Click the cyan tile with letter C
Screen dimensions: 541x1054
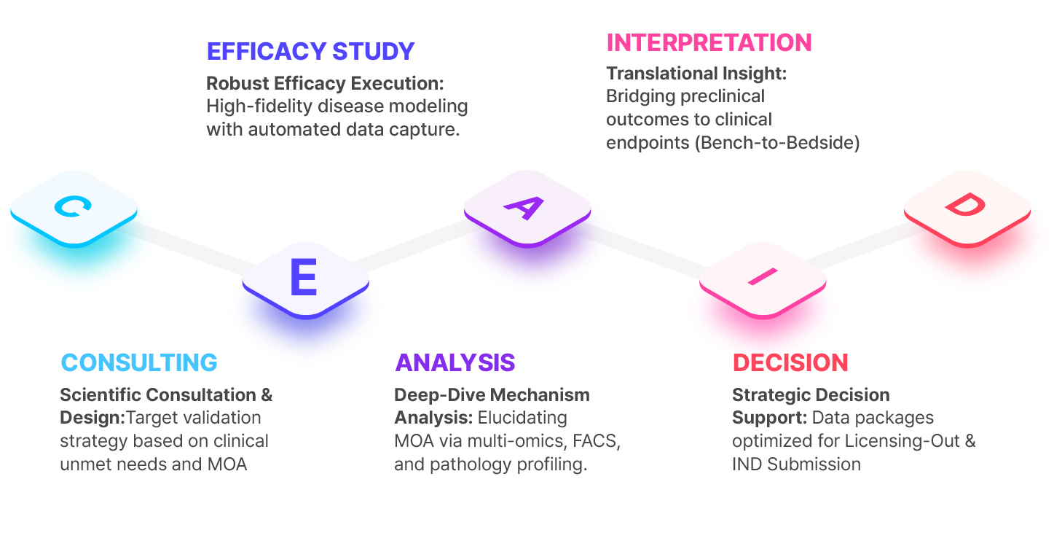[74, 207]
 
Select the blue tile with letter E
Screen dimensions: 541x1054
[304, 277]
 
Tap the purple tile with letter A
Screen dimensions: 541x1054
[527, 207]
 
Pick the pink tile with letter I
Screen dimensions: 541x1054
[763, 277]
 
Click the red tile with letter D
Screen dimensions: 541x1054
[967, 207]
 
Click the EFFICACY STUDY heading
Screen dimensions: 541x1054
[310, 52]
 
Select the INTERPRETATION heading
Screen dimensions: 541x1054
[709, 42]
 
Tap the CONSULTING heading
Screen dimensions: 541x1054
[139, 362]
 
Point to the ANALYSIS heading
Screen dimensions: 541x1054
[455, 362]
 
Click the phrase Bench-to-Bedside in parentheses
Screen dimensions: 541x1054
[776, 143]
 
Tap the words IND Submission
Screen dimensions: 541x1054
[796, 464]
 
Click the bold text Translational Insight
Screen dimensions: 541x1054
[696, 74]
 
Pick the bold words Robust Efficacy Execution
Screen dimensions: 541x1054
[325, 83]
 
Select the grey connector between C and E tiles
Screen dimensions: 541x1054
[191, 244]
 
